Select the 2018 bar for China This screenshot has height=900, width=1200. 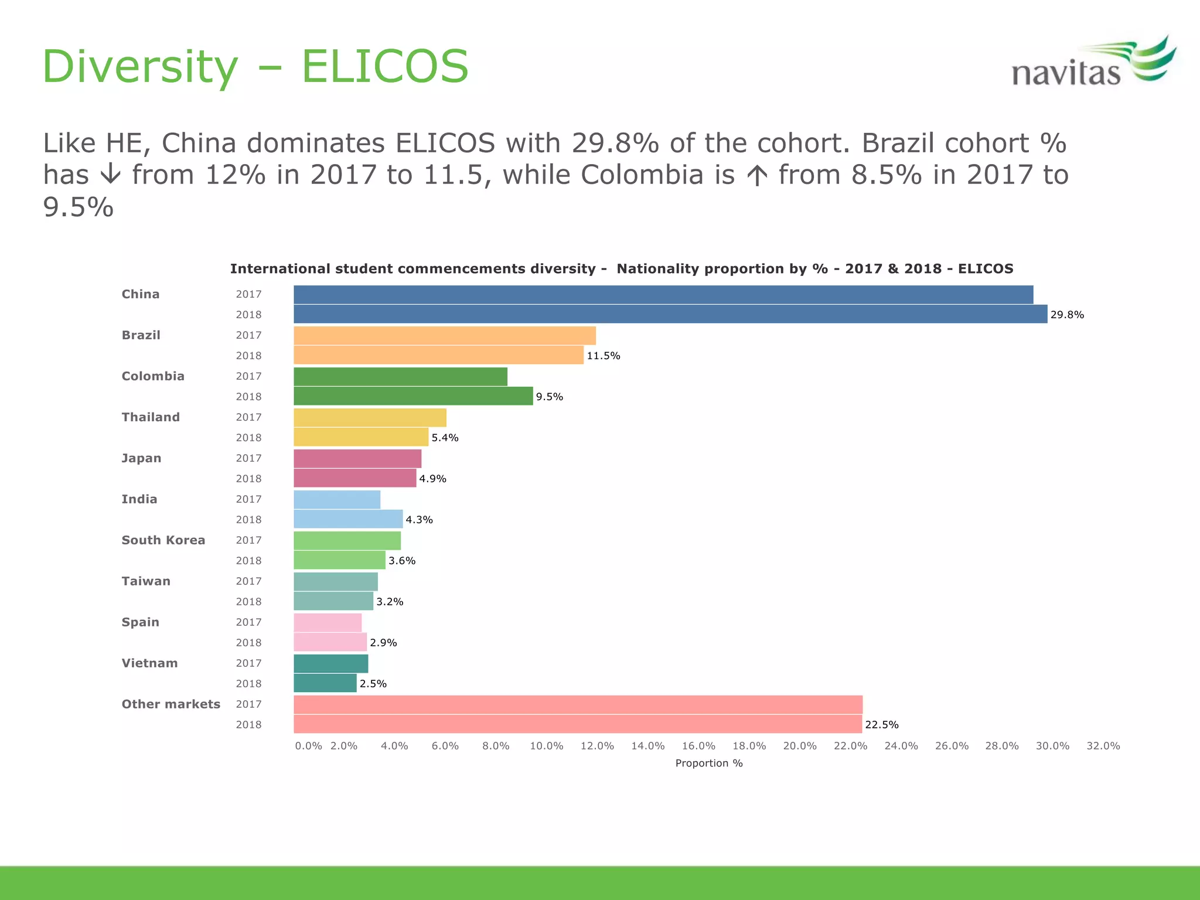pos(670,315)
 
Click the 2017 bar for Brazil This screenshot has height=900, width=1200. pos(444,336)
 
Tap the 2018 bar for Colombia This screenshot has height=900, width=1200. pos(413,397)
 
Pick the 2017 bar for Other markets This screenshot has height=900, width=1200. pos(578,705)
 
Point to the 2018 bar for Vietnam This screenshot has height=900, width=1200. pos(325,684)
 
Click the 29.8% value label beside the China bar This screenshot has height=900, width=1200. pos(1067,315)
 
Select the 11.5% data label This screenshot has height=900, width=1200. pos(603,356)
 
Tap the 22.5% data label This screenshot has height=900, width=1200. pos(881,725)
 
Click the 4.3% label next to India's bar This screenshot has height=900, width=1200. pos(419,520)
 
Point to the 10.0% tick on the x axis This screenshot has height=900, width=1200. pos(546,746)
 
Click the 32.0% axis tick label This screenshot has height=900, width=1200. pos(1103,746)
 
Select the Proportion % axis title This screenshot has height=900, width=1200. pos(709,763)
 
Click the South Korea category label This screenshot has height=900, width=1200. pos(163,540)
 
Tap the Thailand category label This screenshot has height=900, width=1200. pos(151,417)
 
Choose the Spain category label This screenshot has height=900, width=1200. pos(140,622)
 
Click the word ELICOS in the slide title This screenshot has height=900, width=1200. pos(384,66)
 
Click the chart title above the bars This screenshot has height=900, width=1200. pos(621,269)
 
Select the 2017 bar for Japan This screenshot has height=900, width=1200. pos(357,459)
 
